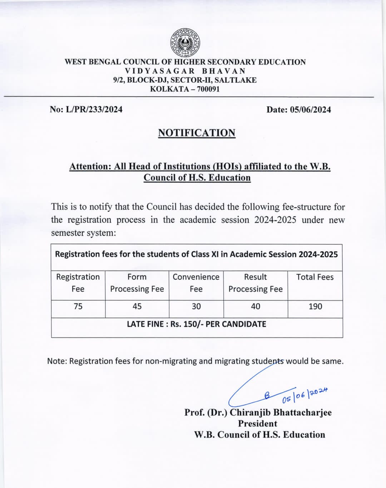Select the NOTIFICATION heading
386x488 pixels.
(197, 133)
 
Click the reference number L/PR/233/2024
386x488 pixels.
(94, 109)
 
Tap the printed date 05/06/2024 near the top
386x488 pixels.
(311, 110)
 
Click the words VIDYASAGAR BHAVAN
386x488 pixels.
(185, 71)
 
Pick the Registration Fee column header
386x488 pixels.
(78, 283)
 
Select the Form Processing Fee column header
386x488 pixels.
(137, 283)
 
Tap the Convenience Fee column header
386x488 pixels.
(196, 283)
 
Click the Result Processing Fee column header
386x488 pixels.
(256, 283)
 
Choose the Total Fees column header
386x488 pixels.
(315, 277)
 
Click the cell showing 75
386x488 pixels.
(78, 307)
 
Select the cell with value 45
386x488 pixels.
(137, 307)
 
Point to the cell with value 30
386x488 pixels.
(196, 307)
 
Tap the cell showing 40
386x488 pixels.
(256, 307)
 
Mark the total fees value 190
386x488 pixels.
(315, 307)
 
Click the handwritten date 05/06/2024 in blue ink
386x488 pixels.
(305, 394)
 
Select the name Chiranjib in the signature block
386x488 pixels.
(250, 413)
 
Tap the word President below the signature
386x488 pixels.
(258, 424)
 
